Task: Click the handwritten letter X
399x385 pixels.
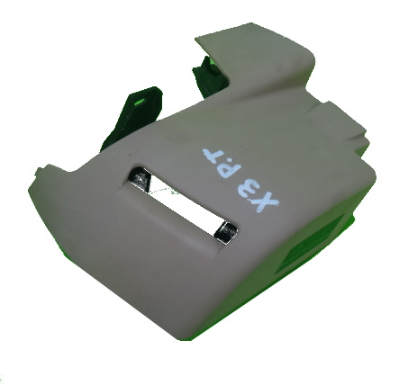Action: [266, 201]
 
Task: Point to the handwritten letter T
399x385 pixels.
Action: [213, 154]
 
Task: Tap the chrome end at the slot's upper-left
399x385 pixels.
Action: [140, 179]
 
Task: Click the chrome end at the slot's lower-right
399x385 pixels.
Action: [225, 232]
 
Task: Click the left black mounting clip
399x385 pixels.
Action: [133, 117]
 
